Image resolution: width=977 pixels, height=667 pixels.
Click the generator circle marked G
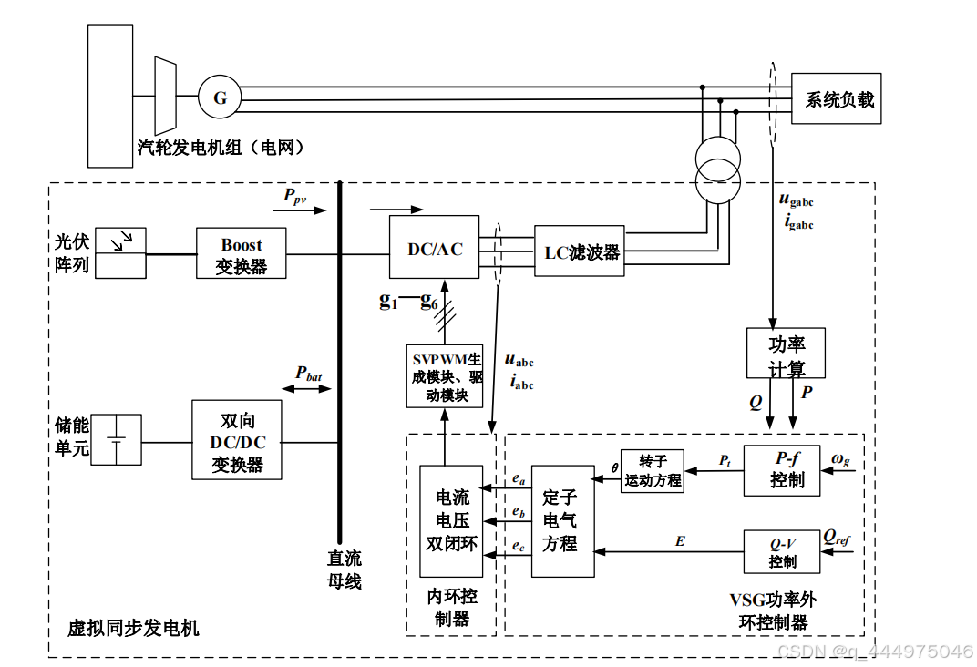pyautogui.click(x=220, y=97)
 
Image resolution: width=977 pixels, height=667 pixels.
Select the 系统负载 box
pyautogui.click(x=838, y=98)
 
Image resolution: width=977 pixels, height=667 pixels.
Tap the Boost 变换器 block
pyautogui.click(x=241, y=254)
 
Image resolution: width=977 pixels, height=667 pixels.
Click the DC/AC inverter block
pyautogui.click(x=435, y=248)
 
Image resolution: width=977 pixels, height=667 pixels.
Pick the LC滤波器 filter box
pyautogui.click(x=580, y=251)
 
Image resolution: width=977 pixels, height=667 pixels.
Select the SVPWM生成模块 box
pyautogui.click(x=446, y=375)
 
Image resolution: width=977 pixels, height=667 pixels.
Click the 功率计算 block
pyautogui.click(x=786, y=354)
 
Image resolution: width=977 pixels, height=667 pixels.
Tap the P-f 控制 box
pyautogui.click(x=781, y=470)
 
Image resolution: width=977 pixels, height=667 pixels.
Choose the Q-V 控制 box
pyautogui.click(x=781, y=551)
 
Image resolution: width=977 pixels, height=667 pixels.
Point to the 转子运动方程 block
pyautogui.click(x=653, y=471)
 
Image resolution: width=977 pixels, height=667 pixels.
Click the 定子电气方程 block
pyautogui.click(x=562, y=520)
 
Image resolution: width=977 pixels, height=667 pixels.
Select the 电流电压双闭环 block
pyautogui.click(x=451, y=520)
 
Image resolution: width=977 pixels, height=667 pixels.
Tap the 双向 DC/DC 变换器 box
pyautogui.click(x=237, y=440)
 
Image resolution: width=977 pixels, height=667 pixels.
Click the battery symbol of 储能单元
pyautogui.click(x=117, y=440)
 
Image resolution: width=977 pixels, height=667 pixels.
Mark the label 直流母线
pyautogui.click(x=345, y=570)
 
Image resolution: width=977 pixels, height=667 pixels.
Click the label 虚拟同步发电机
pyautogui.click(x=133, y=628)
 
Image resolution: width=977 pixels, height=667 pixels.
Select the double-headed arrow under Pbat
pyautogui.click(x=307, y=389)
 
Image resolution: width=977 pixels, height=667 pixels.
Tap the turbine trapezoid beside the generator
pyautogui.click(x=165, y=95)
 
